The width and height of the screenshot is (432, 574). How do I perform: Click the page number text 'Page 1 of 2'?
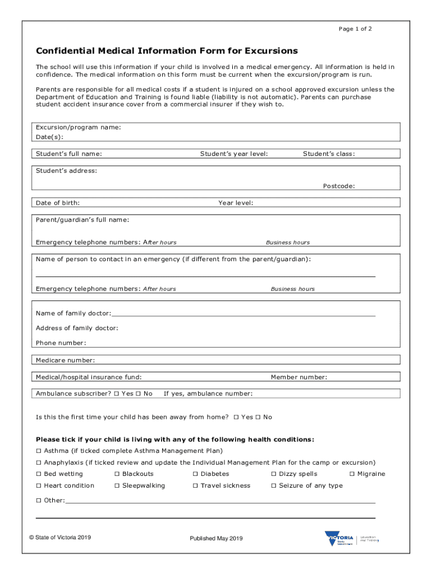click(355, 29)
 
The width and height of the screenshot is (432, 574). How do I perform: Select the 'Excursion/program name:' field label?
click(78, 127)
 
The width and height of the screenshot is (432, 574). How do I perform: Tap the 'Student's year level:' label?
click(234, 154)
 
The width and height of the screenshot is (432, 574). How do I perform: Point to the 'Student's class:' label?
click(329, 154)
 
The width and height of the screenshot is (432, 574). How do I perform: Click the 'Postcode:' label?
click(338, 186)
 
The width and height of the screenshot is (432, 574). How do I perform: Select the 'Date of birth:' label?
click(58, 202)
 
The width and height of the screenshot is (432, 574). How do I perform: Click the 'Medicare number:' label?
click(65, 360)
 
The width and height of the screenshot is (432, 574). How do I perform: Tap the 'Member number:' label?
click(299, 377)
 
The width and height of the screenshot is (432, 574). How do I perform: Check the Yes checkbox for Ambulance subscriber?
click(116, 394)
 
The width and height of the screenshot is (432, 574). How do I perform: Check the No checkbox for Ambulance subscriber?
click(138, 394)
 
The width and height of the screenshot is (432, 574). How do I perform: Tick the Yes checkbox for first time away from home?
click(236, 417)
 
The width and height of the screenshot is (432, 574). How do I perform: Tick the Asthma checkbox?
click(39, 451)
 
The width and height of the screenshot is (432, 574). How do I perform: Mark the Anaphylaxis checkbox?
click(39, 462)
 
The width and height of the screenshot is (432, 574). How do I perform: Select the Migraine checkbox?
click(352, 474)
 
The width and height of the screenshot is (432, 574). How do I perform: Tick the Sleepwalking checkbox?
click(117, 486)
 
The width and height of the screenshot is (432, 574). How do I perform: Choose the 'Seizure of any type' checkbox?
click(274, 486)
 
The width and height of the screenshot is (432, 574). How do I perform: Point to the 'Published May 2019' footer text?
click(216, 539)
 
